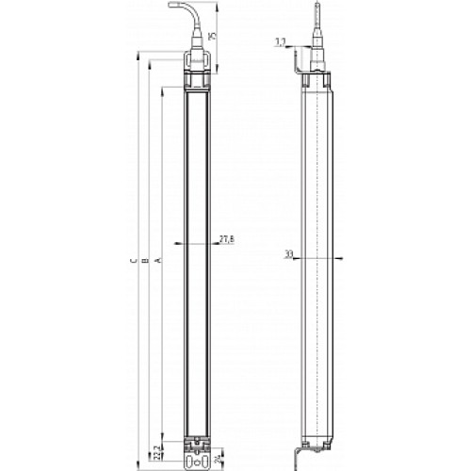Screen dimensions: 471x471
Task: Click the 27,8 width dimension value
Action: pyautogui.click(x=226, y=240)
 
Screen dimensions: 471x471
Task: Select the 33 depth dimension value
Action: pyautogui.click(x=288, y=253)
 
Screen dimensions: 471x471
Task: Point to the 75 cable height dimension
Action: pyautogui.click(x=213, y=36)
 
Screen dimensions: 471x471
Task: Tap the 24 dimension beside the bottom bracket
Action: pyautogui.click(x=219, y=460)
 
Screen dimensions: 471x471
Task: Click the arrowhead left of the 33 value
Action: pyautogui.click(x=298, y=256)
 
